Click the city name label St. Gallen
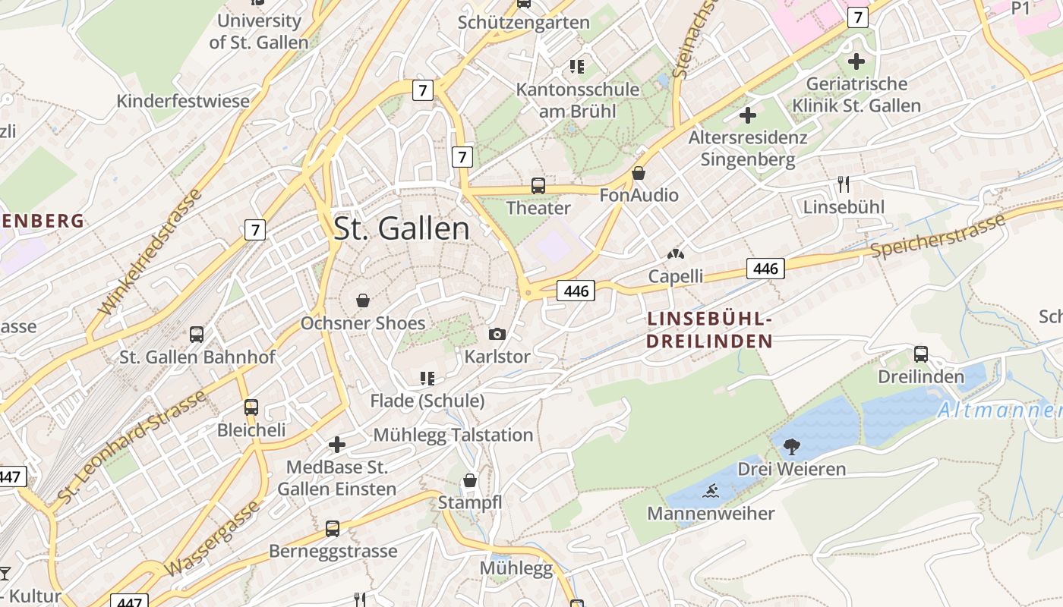[x=402, y=228]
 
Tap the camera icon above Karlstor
[x=497, y=334]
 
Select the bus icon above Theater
[x=538, y=185]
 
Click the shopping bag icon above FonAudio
[x=639, y=173]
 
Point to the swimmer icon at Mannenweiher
[x=711, y=492]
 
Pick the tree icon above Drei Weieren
[x=791, y=446]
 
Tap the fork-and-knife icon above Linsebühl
[x=843, y=184]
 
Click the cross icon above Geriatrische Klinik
[x=856, y=61]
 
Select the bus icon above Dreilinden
[x=920, y=354]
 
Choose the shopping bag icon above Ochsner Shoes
[x=363, y=300]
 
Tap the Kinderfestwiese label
[x=183, y=101]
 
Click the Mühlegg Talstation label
[x=453, y=435]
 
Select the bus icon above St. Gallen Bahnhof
[x=196, y=334]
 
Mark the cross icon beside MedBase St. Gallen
[x=337, y=444]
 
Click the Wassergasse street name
[x=211, y=539]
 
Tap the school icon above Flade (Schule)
[x=427, y=378]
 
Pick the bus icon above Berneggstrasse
[x=332, y=528]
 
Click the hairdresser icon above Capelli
[x=674, y=254]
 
